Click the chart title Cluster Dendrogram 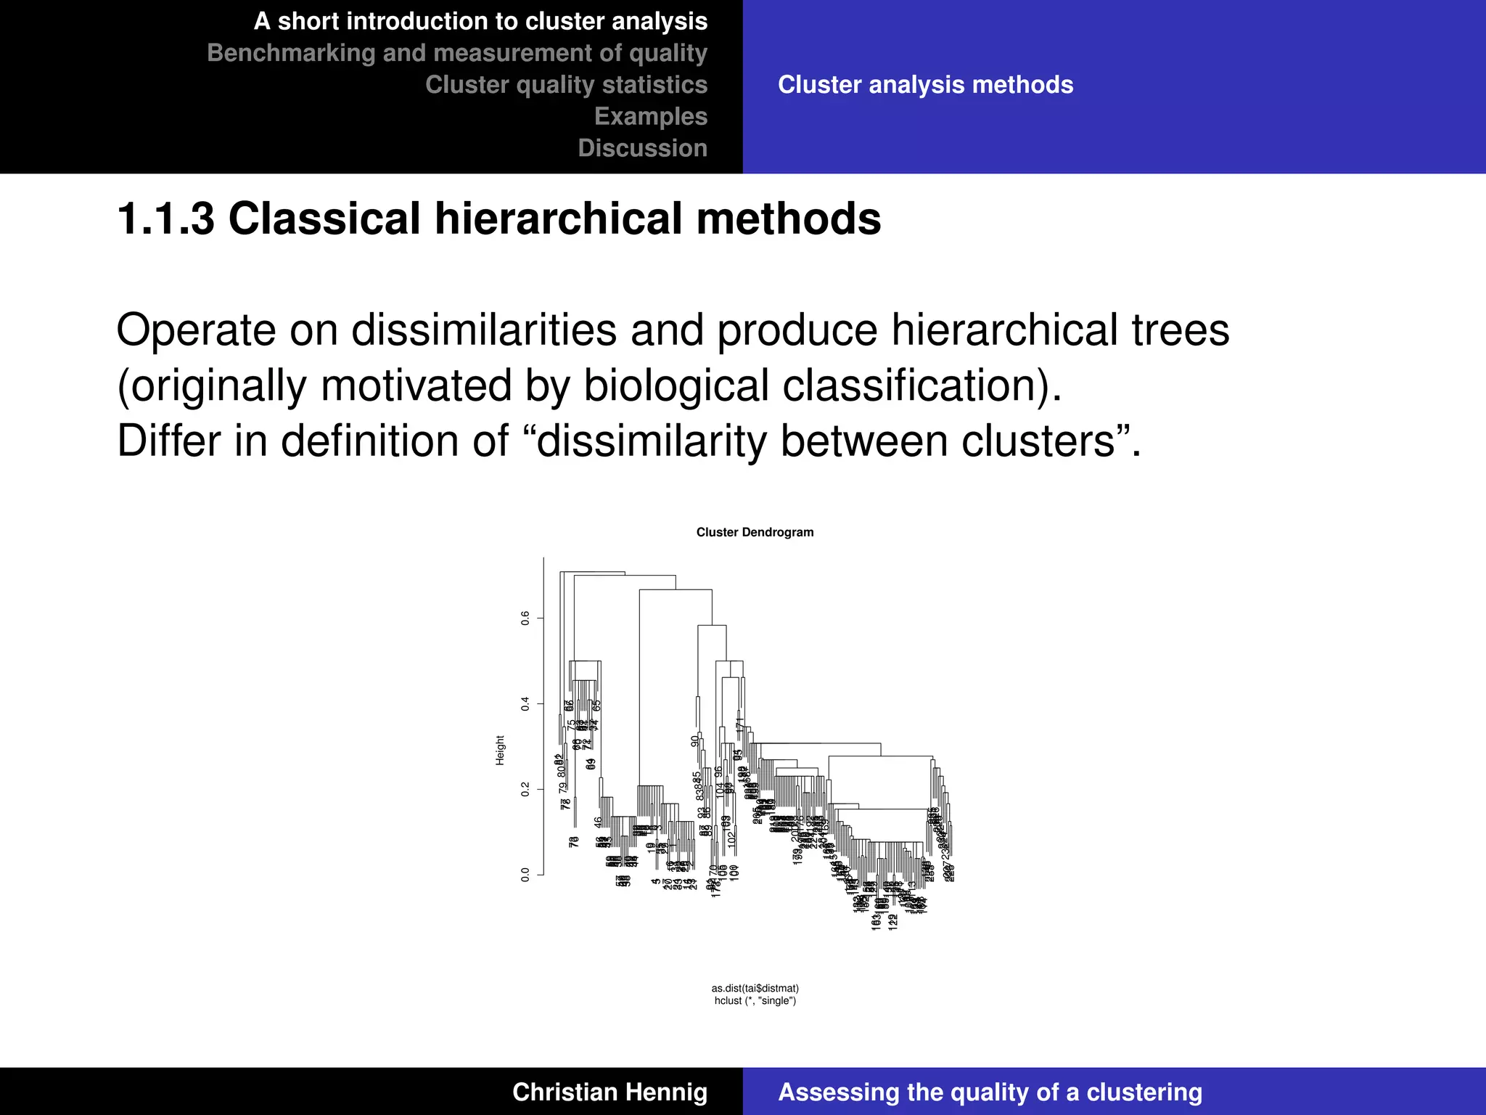pos(755,532)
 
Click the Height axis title pos(500,750)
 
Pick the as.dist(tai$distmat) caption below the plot pos(755,988)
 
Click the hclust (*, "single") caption pos(755,1001)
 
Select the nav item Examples pos(650,116)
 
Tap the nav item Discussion pos(642,148)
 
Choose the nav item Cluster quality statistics pos(566,85)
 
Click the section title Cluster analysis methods pos(925,85)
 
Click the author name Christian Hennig pos(609,1092)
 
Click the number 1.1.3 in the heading pos(166,218)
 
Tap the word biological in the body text pos(676,385)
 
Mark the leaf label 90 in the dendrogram pos(695,740)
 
